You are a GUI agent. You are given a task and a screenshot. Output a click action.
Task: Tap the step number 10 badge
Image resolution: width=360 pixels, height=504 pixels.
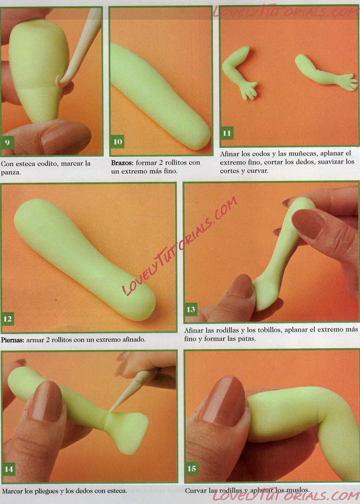(117, 142)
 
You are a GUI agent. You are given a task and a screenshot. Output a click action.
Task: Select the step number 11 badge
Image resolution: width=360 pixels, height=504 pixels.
(227, 133)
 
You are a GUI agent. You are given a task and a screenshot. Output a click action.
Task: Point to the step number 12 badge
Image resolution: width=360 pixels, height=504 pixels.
(8, 319)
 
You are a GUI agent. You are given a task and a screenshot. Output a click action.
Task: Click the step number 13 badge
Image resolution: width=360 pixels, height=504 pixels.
(191, 309)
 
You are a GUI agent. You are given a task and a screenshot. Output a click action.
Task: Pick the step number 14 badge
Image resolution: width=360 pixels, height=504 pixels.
(9, 469)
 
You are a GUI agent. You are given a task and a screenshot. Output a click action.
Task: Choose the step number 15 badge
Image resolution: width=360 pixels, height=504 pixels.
(192, 469)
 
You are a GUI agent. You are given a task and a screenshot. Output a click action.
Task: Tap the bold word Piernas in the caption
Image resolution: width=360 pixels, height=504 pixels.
(12, 340)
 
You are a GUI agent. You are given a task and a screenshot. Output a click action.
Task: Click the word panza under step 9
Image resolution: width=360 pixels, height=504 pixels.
(11, 172)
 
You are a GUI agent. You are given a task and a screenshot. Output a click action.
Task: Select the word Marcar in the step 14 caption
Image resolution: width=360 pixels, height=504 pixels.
(12, 491)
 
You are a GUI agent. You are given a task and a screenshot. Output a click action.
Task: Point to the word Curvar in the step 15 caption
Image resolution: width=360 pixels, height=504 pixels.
(195, 491)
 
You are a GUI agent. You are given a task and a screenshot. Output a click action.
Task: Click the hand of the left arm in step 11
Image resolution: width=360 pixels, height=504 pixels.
(249, 90)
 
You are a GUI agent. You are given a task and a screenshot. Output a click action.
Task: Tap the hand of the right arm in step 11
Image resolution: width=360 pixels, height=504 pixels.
(348, 81)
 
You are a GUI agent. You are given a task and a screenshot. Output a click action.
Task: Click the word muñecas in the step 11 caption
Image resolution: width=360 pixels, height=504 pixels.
(292, 154)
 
